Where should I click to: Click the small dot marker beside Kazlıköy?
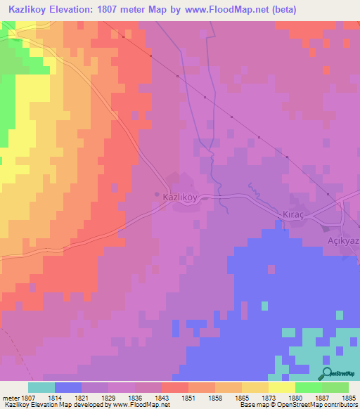click(x=156, y=195)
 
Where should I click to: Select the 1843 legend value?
click(x=162, y=398)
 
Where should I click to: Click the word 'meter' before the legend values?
click(x=10, y=398)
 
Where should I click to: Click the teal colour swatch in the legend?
click(x=41, y=387)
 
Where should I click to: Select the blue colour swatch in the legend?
click(x=68, y=387)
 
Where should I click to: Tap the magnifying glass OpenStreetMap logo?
click(x=327, y=374)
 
